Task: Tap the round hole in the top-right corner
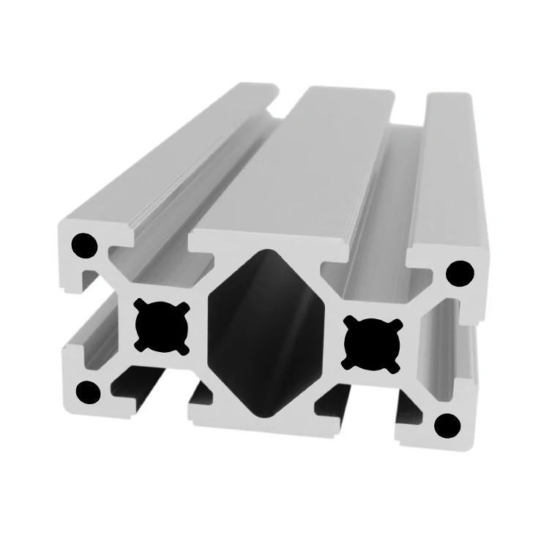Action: click(460, 273)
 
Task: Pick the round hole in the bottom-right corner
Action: click(447, 425)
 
